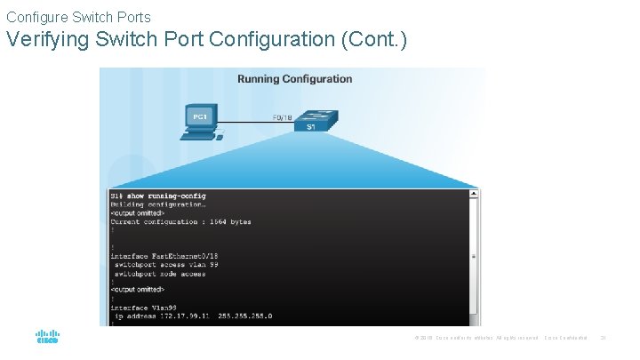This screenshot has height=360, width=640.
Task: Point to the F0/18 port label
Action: (x=282, y=116)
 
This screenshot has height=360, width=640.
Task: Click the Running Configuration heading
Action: (x=294, y=79)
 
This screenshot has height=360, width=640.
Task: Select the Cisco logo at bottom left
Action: (x=47, y=338)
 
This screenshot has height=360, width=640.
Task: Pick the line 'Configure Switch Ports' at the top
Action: (x=78, y=17)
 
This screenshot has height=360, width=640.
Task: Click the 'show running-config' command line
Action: (x=158, y=196)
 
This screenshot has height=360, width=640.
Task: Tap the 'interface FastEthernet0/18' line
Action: (x=161, y=256)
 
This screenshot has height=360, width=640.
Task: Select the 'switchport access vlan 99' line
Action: (x=166, y=265)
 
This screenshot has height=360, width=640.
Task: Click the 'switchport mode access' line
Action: (x=160, y=274)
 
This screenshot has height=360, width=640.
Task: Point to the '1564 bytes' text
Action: (x=229, y=221)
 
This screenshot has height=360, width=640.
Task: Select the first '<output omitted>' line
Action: (x=137, y=213)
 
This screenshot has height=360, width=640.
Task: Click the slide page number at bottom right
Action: (x=603, y=338)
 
